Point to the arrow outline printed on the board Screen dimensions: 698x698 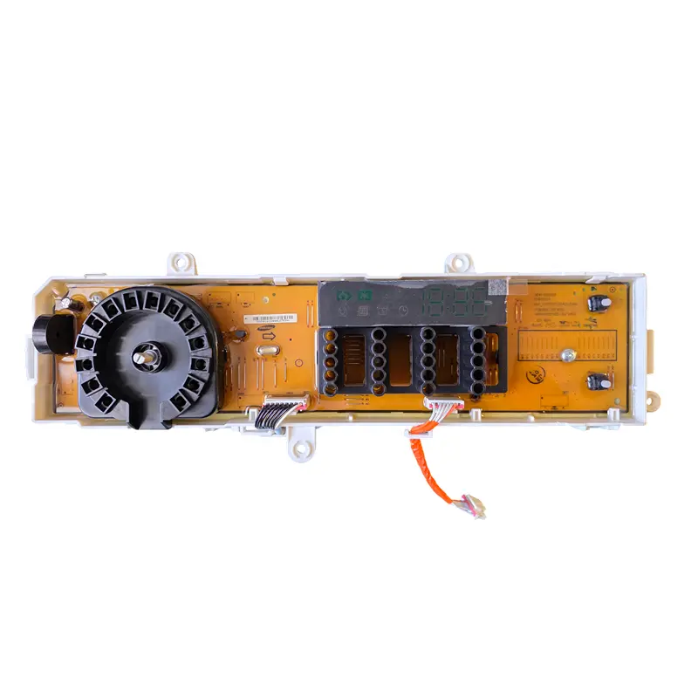[269, 335]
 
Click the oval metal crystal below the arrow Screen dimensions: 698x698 [268, 352]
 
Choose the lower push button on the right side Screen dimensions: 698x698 [599, 381]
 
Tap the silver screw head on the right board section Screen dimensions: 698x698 [568, 354]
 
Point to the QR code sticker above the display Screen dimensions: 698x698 [496, 287]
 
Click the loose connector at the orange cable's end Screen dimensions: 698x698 [474, 505]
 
